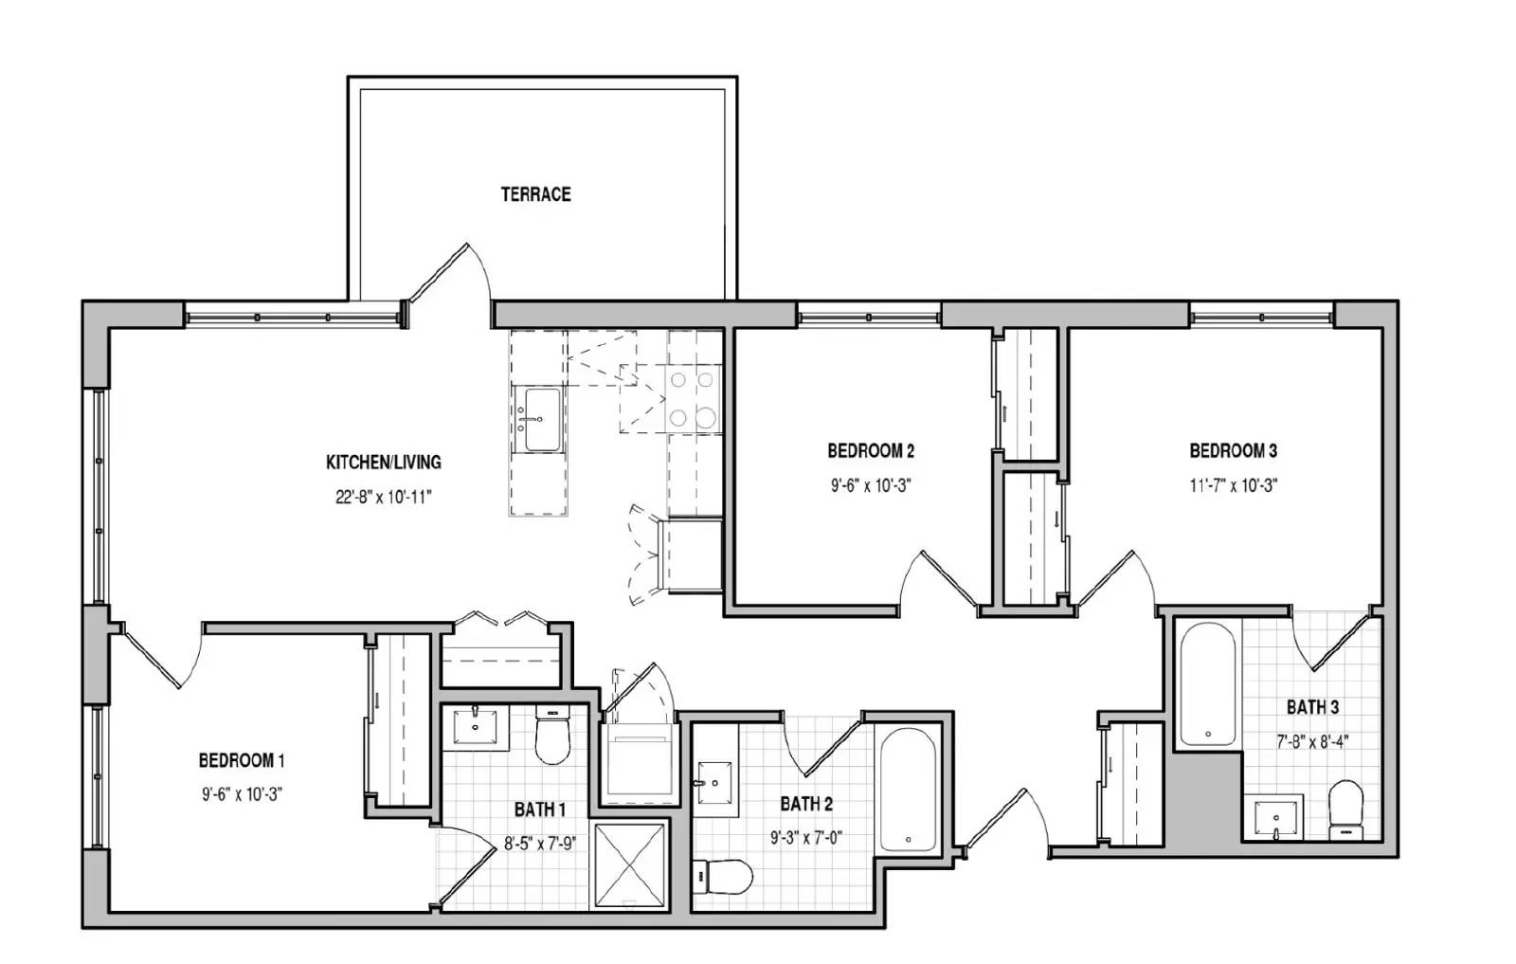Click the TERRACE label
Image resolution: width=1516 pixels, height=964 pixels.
tap(535, 194)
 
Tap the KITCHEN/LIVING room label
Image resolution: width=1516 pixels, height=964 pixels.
tap(384, 463)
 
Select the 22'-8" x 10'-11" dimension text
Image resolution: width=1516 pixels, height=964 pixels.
tap(384, 498)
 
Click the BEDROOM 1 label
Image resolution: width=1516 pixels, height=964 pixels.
tap(242, 760)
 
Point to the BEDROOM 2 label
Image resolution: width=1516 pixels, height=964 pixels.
tap(871, 450)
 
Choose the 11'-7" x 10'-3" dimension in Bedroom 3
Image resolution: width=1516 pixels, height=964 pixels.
tap(1234, 485)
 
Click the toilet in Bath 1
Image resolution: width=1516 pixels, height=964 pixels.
tap(553, 734)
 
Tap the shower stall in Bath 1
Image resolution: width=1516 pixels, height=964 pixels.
tap(630, 864)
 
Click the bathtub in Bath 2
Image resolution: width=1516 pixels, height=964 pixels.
tap(909, 790)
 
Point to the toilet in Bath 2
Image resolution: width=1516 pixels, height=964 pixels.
tap(723, 877)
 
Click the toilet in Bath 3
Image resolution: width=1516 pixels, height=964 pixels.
tap(1345, 811)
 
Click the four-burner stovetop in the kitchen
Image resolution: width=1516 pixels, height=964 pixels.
tap(693, 399)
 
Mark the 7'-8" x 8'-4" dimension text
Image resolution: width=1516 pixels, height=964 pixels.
tap(1313, 741)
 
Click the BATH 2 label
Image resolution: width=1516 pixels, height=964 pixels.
tap(806, 804)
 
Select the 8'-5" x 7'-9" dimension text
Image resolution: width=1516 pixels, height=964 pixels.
tap(540, 844)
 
